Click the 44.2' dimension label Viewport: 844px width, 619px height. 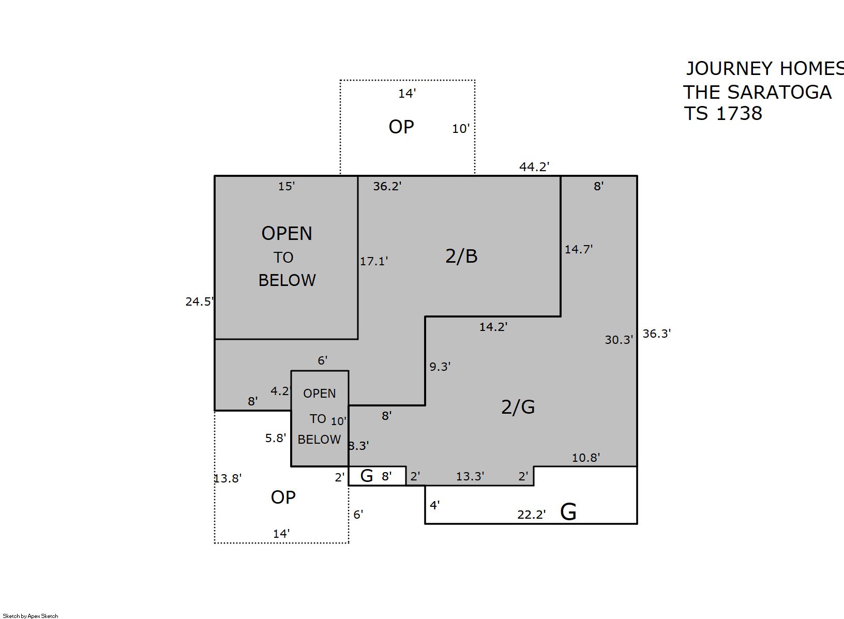534,167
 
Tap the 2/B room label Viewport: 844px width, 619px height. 461,256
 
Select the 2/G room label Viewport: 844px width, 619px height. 518,407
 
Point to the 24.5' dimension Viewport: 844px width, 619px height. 199,301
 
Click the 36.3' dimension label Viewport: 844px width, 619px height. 656,334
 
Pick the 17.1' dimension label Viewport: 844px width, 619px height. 374,261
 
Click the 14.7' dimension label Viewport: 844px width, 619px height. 578,249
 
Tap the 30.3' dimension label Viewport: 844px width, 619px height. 619,340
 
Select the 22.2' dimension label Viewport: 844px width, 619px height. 531,514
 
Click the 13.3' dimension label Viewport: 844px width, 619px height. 470,476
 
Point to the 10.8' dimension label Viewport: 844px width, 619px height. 586,457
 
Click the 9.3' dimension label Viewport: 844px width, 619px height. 440,366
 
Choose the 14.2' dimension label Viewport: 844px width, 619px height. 493,327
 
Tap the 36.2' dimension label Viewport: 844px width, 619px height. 387,186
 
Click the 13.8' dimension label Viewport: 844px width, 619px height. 228,478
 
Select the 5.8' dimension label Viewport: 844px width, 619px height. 276,438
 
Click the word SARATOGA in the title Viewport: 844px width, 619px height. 779,92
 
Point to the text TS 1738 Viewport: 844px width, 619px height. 722,113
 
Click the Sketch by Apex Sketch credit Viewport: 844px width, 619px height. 31,616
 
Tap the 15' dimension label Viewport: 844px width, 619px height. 287,186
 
